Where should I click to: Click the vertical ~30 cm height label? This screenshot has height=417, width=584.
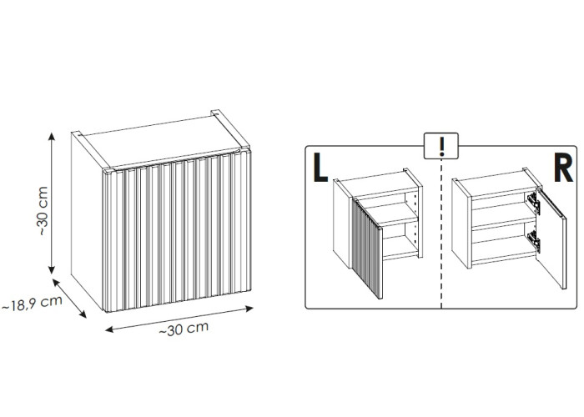pos(43,211)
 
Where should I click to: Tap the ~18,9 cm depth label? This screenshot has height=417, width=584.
pos(32,303)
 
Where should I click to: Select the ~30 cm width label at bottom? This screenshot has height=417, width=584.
pos(184,329)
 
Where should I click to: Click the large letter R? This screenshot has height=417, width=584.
pos(563,168)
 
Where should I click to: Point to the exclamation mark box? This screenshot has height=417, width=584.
pos(441,146)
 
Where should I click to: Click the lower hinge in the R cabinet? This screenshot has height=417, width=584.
pos(534,240)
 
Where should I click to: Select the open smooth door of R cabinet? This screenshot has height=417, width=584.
pos(551,239)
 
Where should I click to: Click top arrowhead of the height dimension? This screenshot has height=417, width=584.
pos(52,136)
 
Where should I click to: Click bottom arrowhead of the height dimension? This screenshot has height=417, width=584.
pos(52,270)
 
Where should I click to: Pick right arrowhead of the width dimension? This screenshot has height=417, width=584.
pos(249,309)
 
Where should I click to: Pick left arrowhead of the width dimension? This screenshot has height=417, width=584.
pos(109,329)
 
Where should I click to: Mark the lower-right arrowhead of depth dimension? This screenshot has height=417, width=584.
pos(83,314)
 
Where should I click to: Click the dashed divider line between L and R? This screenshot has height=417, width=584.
pos(441,234)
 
